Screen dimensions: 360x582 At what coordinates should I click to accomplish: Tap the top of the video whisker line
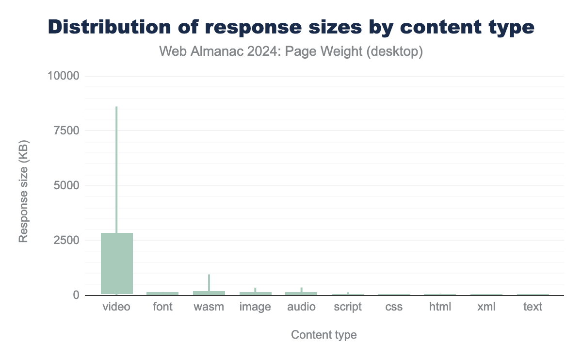tap(116, 107)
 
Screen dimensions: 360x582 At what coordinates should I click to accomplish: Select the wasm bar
tap(209, 293)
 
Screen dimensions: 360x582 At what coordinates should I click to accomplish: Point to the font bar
tap(162, 293)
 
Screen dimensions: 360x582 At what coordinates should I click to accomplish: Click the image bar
tap(255, 293)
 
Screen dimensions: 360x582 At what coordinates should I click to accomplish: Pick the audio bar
tap(301, 293)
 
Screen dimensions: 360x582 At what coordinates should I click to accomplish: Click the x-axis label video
tap(116, 307)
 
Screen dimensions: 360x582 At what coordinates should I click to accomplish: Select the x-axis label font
tap(162, 307)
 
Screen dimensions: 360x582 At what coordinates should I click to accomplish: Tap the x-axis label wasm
tap(209, 307)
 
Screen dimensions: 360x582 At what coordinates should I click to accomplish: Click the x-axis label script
tap(348, 307)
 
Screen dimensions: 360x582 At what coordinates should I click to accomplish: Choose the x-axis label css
tap(394, 307)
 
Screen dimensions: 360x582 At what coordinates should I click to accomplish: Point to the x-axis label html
tap(440, 307)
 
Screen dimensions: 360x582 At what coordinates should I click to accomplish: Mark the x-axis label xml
tap(486, 307)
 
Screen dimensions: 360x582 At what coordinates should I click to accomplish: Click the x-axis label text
tap(533, 307)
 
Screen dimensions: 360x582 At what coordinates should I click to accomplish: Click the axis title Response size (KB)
tap(23, 191)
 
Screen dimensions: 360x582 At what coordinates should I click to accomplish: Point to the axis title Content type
tap(324, 335)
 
